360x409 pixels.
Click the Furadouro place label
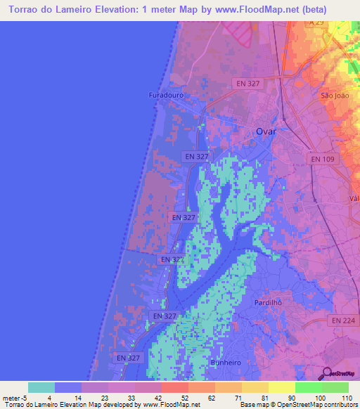click(x=165, y=95)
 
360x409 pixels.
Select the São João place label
click(x=334, y=95)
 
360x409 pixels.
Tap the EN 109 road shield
click(x=323, y=160)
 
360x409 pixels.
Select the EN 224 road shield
click(x=342, y=320)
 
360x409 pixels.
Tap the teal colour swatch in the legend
click(x=41, y=387)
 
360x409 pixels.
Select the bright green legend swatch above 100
click(x=308, y=387)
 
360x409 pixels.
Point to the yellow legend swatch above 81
click(x=281, y=387)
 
